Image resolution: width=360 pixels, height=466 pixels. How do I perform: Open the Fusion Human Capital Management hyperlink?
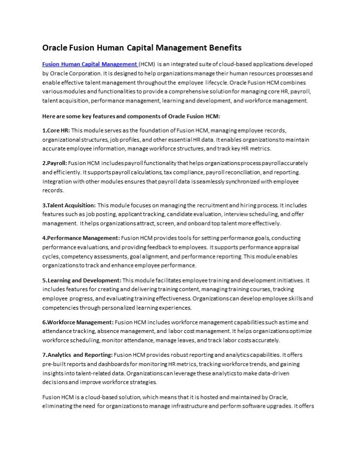click(x=89, y=64)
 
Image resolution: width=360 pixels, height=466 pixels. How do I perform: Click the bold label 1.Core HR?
click(x=56, y=131)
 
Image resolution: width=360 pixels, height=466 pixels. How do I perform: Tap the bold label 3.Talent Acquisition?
click(x=69, y=205)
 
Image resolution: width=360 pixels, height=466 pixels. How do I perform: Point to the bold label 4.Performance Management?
click(x=81, y=238)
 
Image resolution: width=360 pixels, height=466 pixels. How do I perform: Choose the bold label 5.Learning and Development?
click(x=82, y=280)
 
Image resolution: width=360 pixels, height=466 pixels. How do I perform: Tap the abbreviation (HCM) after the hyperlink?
click(x=147, y=64)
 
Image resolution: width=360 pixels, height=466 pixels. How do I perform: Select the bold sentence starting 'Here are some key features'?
click(x=131, y=116)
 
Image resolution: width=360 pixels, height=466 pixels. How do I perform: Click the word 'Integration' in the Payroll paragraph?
click(x=57, y=182)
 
